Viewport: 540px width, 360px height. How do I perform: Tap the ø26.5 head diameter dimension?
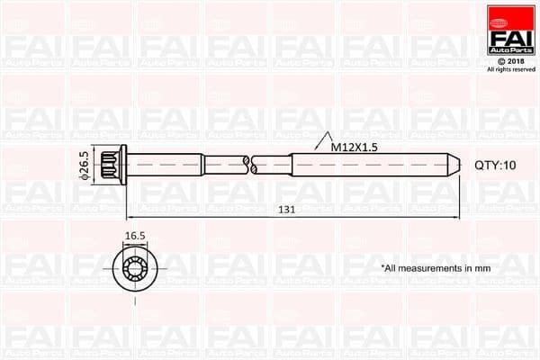click(84, 165)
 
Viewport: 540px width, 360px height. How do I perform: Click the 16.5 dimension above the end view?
click(135, 238)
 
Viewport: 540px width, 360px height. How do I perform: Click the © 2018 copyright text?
click(511, 61)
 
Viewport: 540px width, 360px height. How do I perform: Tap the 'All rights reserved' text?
click(511, 69)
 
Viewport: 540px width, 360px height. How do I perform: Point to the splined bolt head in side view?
click(109, 165)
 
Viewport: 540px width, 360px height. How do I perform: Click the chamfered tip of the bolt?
click(455, 165)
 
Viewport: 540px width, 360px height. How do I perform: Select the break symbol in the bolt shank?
click(251, 165)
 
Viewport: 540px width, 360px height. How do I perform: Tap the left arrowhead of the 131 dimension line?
click(130, 217)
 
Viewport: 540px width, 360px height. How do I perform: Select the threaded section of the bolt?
click(369, 165)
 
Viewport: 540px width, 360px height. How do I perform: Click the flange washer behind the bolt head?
click(123, 165)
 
